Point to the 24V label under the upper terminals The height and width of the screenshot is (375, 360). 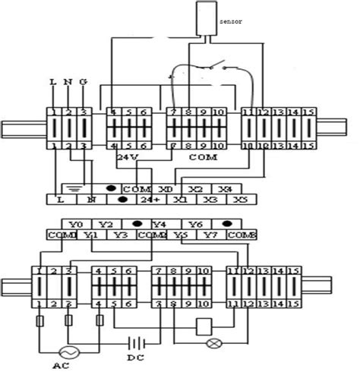[x=128, y=156]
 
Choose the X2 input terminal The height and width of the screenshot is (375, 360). [x=195, y=187]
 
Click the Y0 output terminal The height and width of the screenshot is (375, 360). [x=74, y=224]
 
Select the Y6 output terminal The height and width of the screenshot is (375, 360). [x=195, y=224]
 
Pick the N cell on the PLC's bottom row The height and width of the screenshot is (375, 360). [x=91, y=200]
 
